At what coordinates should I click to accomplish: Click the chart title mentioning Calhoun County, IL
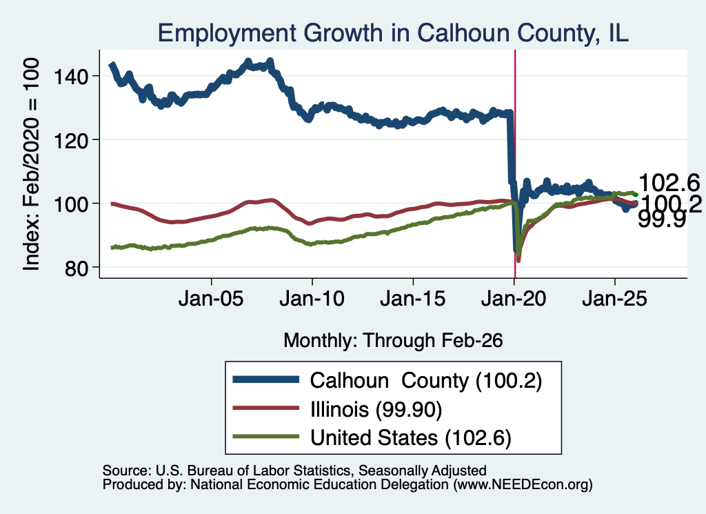coord(392,33)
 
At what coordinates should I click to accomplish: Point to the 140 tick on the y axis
coord(71,77)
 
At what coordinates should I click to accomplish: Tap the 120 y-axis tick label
coord(71,141)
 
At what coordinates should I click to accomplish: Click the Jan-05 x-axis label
coord(211,299)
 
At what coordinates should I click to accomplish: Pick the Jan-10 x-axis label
coord(312,299)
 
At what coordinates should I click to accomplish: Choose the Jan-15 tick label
coord(412,299)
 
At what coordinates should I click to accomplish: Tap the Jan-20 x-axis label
coord(513,299)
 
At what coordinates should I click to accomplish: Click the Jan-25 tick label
coord(614,299)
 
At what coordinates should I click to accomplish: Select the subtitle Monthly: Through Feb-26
coord(393,341)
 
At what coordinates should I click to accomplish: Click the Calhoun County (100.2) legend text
coord(426,381)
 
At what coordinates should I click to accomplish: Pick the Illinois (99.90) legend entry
coord(376,409)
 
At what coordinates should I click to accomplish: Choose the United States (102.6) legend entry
coord(411,437)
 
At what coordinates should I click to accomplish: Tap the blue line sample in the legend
coord(265,379)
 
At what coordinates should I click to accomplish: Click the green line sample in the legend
coord(265,436)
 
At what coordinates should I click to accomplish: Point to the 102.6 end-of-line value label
coord(669,183)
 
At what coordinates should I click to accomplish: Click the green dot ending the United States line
coord(636,195)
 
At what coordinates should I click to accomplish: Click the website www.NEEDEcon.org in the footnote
coord(523,484)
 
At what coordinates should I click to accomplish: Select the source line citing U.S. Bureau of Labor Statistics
coord(294,471)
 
